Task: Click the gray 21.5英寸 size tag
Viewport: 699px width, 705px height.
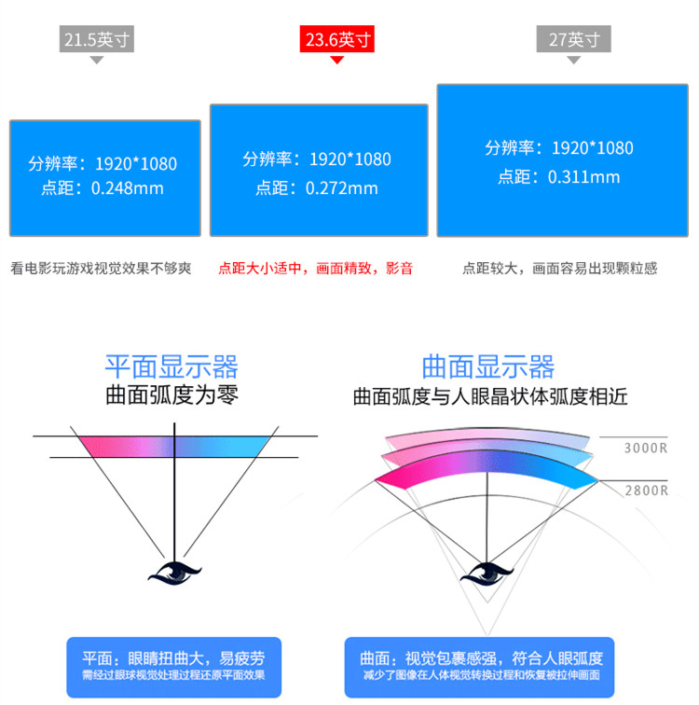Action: [x=97, y=40]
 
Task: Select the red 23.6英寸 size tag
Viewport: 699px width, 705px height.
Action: [x=337, y=40]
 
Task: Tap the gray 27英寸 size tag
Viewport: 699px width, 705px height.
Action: [x=573, y=40]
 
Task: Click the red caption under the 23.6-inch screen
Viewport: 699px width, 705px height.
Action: [x=316, y=269]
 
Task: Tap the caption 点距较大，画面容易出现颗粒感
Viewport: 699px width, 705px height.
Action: [x=559, y=269]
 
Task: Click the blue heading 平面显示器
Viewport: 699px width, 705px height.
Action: [x=171, y=366]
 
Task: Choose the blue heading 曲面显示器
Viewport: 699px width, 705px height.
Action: [x=488, y=366]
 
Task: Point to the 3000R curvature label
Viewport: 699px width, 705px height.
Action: [x=645, y=449]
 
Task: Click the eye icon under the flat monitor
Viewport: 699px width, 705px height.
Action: [x=173, y=570]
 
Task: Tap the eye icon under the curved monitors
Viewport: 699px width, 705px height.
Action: [x=488, y=571]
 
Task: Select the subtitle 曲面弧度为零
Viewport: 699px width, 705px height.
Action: [x=171, y=395]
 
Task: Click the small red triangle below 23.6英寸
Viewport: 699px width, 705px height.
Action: [x=337, y=60]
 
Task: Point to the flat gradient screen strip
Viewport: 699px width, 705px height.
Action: [x=173, y=445]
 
